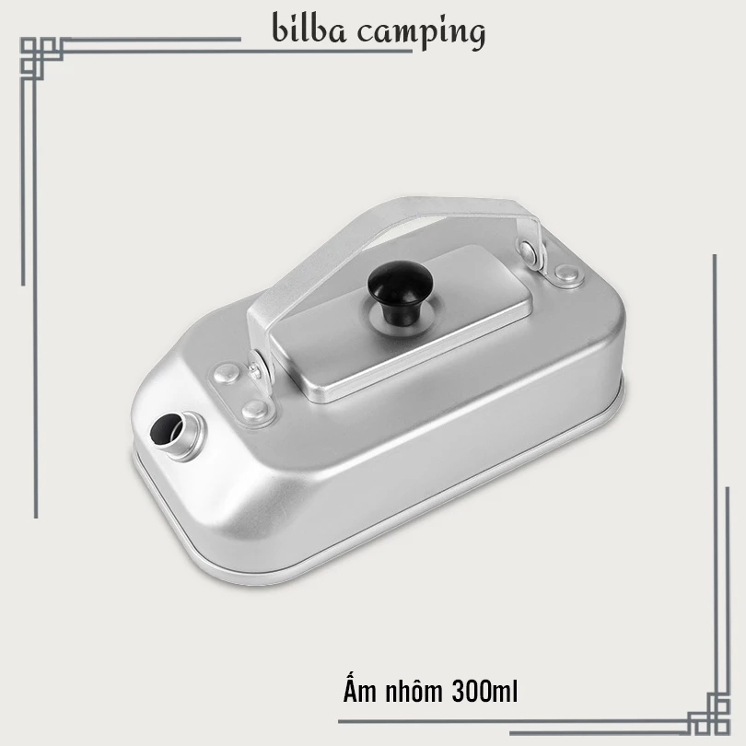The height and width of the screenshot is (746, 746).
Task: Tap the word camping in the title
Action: [x=422, y=33]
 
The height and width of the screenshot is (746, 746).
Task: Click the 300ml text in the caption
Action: [x=484, y=692]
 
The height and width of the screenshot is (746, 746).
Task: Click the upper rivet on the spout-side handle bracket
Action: [x=226, y=374]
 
